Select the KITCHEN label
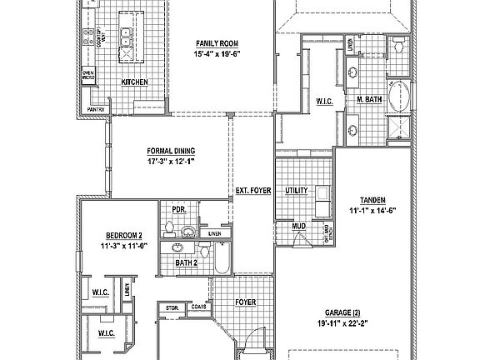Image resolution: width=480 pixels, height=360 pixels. point(134,82)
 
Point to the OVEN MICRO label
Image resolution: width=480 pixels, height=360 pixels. point(87,76)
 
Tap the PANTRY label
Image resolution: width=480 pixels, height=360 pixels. point(97,108)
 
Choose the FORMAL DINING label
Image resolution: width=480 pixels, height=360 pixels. point(172,152)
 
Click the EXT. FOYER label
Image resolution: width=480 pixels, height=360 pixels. point(253,191)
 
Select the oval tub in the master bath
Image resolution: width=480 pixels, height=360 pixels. point(401,96)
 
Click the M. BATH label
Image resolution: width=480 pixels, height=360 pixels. point(369,100)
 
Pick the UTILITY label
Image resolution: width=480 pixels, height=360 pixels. point(297,191)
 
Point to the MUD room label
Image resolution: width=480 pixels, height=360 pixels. point(297,226)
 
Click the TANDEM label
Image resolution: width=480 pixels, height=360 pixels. point(372,200)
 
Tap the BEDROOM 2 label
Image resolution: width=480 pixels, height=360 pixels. point(123,235)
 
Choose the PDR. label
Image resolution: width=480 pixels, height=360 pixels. point(177,210)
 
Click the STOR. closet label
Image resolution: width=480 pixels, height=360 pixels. point(172,307)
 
